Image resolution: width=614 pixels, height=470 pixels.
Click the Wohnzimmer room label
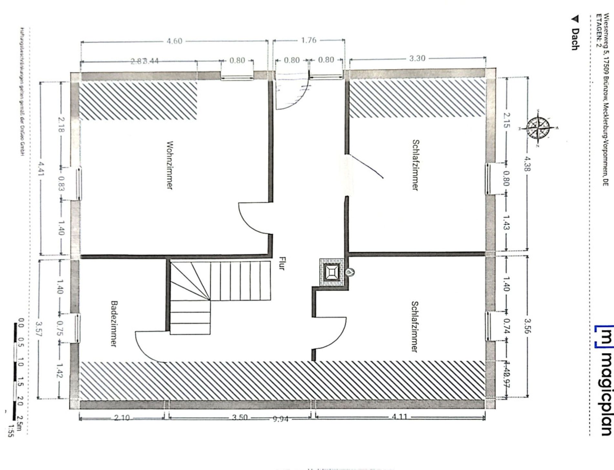(x=169, y=165)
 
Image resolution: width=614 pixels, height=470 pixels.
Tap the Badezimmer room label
(x=113, y=324)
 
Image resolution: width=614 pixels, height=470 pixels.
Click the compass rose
(x=538, y=128)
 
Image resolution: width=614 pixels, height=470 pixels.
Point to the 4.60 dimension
(x=175, y=41)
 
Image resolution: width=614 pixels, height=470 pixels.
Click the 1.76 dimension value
(x=309, y=40)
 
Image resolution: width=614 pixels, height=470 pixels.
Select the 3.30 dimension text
(x=417, y=59)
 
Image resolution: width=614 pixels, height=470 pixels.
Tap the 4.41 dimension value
(x=41, y=169)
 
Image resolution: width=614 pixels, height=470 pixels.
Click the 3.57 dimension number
(x=39, y=329)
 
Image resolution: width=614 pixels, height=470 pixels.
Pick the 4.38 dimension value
(x=527, y=164)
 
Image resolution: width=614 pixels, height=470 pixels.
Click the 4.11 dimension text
(x=399, y=417)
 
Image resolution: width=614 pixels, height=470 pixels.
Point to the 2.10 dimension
(x=122, y=418)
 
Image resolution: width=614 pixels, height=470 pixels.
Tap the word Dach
(x=574, y=39)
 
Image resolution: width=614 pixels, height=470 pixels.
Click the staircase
(x=210, y=291)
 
